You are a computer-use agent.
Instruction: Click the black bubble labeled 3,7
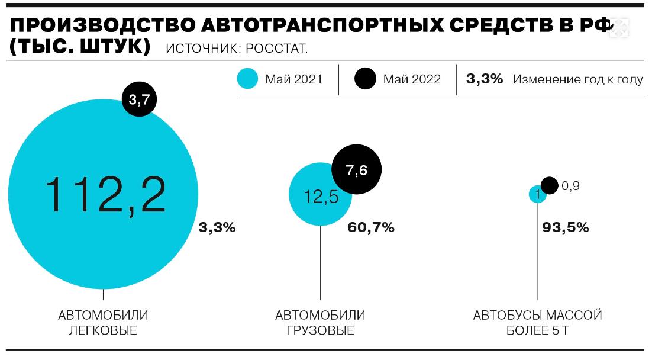[139, 99]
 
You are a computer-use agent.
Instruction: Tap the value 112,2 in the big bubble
[105, 195]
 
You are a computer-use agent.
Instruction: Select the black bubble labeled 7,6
[356, 171]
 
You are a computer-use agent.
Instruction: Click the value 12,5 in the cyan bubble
[321, 196]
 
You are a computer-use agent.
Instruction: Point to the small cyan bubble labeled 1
[537, 194]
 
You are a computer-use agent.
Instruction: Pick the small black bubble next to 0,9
[549, 185]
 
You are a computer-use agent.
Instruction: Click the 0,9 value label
[570, 186]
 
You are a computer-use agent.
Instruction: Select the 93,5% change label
[566, 227]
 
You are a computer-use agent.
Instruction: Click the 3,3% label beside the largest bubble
[217, 227]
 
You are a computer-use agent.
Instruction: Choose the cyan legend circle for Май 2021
[247, 79]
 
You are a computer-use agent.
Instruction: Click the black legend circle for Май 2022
[365, 79]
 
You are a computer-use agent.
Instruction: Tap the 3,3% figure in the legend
[485, 79]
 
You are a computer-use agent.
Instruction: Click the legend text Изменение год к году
[577, 79]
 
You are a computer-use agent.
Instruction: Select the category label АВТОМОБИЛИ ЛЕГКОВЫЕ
[103, 322]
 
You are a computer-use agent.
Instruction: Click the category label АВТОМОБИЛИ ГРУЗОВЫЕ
[320, 322]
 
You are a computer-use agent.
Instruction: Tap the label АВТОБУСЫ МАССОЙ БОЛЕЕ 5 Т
[537, 322]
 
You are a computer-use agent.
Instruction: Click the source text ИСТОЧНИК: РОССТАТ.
[237, 48]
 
